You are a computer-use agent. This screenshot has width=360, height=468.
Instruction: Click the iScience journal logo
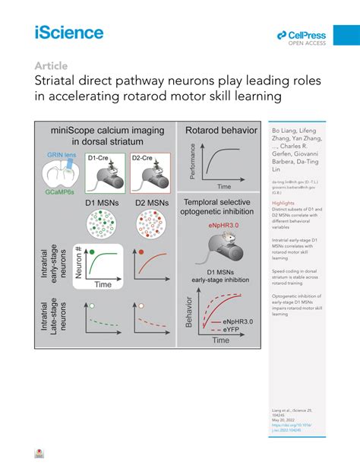pos(69,32)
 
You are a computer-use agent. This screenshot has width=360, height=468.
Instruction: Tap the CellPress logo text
pos(305,34)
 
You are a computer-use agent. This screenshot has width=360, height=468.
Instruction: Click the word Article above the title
pos(49,66)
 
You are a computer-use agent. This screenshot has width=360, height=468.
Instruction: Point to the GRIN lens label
pos(58,154)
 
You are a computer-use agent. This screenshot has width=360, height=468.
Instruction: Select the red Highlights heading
pos(283,204)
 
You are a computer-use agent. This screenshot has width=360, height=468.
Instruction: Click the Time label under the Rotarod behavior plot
pos(223,185)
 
